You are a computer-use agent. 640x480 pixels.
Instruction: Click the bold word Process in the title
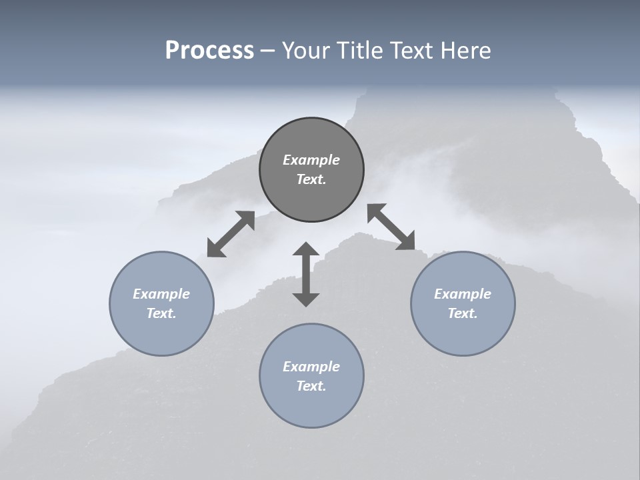coord(209,51)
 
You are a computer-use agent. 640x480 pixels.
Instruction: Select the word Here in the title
coord(467,51)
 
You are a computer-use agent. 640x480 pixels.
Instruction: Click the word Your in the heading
coord(304,51)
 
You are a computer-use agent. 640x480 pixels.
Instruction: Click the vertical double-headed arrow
coord(306,274)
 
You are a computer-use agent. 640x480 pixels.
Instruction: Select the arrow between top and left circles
coord(231,233)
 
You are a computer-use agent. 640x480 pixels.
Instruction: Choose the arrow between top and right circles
coord(391,227)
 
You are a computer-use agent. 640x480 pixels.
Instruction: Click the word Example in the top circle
coord(311,160)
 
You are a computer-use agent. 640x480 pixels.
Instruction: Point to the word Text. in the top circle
coord(311,179)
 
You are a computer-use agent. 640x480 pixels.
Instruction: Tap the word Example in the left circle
coord(161,294)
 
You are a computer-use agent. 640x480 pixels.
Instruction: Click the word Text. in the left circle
coord(161,313)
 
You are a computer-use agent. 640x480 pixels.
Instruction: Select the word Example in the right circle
coord(463,294)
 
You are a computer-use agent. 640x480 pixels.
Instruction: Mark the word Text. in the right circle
coord(463,313)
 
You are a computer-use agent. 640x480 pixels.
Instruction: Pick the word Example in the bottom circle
coord(311,367)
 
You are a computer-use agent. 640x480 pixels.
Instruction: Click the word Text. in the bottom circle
coord(311,386)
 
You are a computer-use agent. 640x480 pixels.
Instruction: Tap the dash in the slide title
coord(268,51)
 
